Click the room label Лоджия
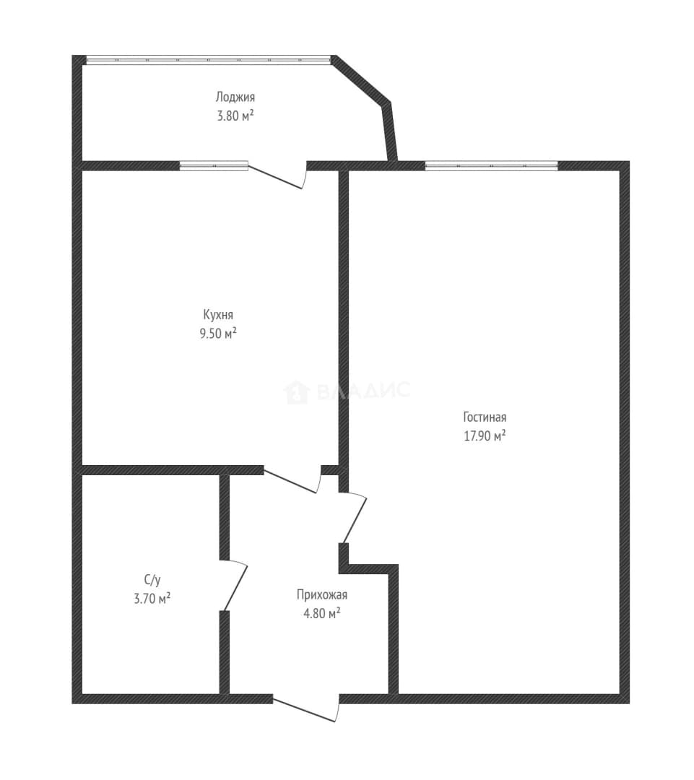tap(235, 97)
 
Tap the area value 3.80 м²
tap(235, 116)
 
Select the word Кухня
tap(218, 315)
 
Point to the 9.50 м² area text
tap(218, 333)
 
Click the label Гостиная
tap(485, 417)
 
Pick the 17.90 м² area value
tap(485, 435)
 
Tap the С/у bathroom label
tap(152, 579)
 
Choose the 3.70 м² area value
tap(152, 598)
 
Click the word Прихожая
tap(322, 594)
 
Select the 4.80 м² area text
tap(322, 613)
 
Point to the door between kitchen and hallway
tap(292, 480)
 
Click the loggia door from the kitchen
tap(277, 176)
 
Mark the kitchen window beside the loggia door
tap(214, 165)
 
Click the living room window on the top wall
tap(492, 165)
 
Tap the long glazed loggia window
tap(209, 60)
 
